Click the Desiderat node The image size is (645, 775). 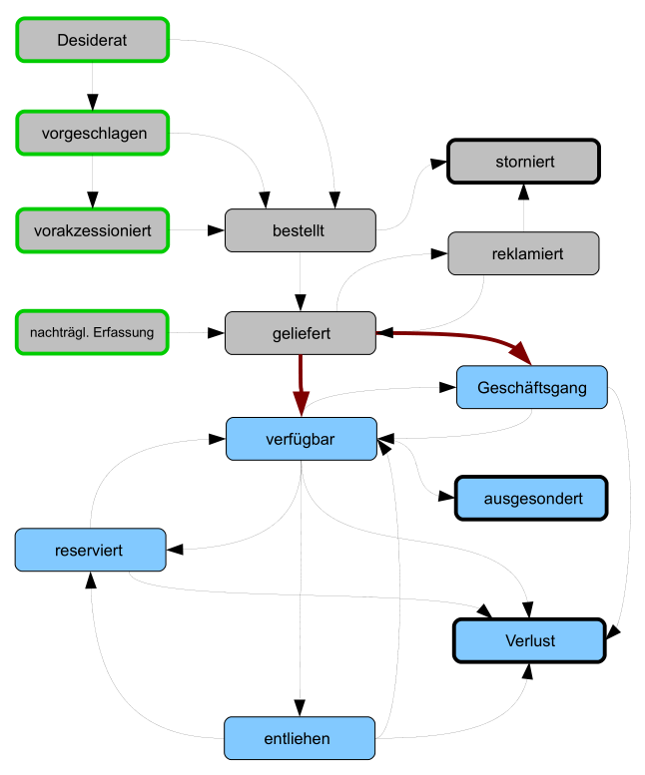(92, 40)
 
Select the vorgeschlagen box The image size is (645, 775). (92, 134)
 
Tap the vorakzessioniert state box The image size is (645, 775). (92, 230)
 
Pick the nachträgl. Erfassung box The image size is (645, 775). (92, 332)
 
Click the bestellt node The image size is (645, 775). (300, 230)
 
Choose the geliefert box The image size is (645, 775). (300, 332)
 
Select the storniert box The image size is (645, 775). (523, 161)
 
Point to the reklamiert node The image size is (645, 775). (523, 253)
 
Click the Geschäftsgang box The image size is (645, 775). (531, 387)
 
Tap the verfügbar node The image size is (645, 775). (301, 439)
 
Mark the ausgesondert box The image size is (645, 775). (531, 498)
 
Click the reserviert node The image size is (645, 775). (90, 550)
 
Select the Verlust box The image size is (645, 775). (529, 640)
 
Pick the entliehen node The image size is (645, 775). (300, 738)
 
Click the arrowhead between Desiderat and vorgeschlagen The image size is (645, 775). (92, 102)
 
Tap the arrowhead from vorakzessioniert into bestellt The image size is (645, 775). (215, 230)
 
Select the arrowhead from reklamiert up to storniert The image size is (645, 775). (523, 194)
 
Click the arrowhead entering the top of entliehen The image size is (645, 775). (300, 707)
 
